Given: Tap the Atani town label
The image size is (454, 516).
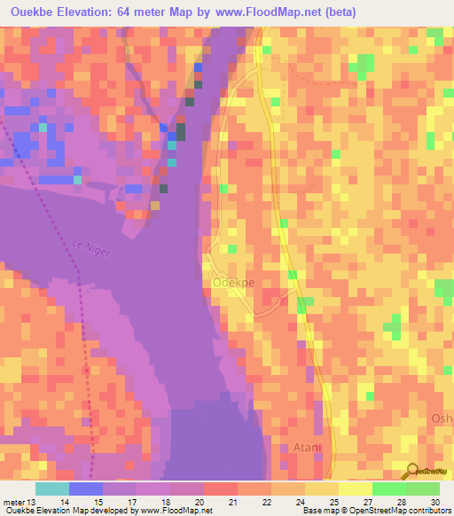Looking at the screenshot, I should tap(307, 448).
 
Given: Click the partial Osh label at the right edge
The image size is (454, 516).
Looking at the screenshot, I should tap(442, 418).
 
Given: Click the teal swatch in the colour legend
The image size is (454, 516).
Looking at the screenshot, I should tap(52, 488).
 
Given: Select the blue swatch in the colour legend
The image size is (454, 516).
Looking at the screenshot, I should tap(86, 488).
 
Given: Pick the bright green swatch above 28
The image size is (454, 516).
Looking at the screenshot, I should tap(389, 488).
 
